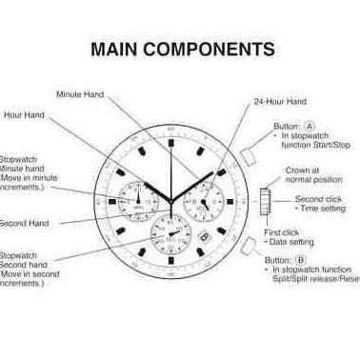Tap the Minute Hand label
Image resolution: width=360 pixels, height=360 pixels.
point(79,94)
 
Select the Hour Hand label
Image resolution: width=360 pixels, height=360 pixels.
point(24,115)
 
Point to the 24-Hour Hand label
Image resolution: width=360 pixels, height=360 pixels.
point(280,101)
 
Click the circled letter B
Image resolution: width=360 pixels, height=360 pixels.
point(301,259)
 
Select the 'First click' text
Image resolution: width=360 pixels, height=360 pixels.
point(280,232)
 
